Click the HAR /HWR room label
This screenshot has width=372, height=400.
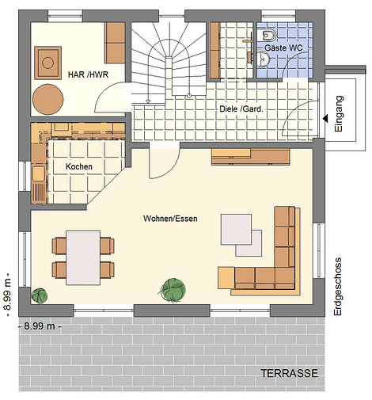[x=88, y=74]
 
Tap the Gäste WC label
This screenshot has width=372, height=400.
[x=283, y=48]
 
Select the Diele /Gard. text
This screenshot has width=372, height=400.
[x=241, y=109]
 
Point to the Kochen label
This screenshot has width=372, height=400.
[x=79, y=166]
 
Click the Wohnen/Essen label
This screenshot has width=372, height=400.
[x=170, y=219]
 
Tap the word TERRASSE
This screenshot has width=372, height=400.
[x=290, y=373]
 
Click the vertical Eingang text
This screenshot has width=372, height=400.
[x=339, y=113]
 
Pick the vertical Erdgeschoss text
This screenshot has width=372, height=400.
[x=337, y=287]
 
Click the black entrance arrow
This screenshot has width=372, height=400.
[x=325, y=119]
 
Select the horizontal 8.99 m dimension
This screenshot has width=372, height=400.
[x=40, y=326]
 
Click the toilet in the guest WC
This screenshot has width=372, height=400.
[x=268, y=35]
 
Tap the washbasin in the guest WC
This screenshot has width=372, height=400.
[x=264, y=59]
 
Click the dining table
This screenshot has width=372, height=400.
[x=83, y=257]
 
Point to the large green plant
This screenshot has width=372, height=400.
[x=174, y=289]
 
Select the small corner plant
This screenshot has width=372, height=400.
[x=40, y=295]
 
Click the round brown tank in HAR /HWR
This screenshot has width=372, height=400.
[x=47, y=100]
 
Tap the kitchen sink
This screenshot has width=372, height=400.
[x=39, y=174]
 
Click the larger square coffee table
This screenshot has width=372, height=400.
[x=236, y=229]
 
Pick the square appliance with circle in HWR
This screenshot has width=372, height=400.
[x=48, y=63]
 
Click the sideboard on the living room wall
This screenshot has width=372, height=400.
[x=250, y=157]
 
